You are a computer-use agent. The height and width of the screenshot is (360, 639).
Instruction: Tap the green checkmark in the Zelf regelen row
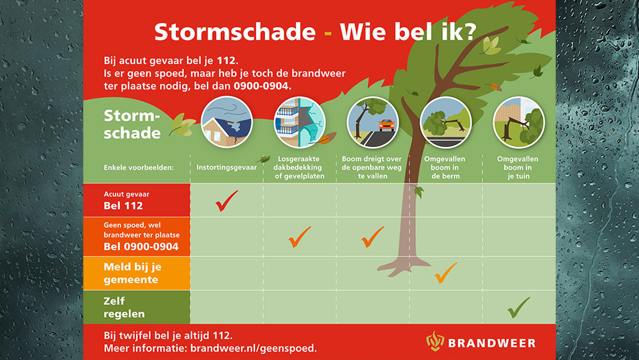pos(518,308)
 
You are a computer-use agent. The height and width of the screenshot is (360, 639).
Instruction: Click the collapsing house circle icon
pos(227,122)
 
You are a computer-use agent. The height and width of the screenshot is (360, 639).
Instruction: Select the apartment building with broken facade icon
pos(300,122)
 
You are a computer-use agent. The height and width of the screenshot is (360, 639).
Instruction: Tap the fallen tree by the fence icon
pos(518,122)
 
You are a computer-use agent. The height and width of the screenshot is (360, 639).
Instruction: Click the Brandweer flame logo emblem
pos(435,341)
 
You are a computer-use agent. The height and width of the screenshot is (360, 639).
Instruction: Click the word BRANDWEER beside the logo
pos(492,343)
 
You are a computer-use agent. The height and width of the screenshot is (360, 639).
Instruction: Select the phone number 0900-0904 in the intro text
pos(261,86)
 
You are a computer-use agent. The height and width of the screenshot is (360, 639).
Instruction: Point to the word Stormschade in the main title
pos(235,32)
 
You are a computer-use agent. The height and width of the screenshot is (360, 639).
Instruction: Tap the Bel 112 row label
pos(123,205)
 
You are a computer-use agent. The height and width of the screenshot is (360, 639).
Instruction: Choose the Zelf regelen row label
pos(124,308)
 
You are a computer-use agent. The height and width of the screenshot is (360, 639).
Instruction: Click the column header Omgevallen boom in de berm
pos(445,168)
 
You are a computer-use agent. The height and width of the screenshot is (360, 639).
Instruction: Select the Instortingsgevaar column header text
pos(227,167)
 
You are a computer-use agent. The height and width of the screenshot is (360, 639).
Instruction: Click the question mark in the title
pos(470,31)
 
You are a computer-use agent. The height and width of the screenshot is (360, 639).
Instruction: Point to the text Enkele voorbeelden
pos(139,168)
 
